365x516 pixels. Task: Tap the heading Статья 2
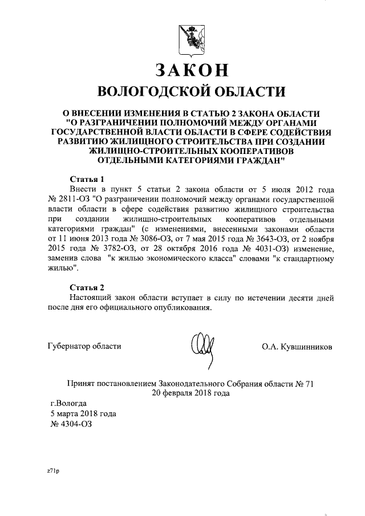[x=86, y=286]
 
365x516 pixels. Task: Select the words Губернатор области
[x=85, y=346]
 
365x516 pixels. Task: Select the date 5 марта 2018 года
[x=84, y=414]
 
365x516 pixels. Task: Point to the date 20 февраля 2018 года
[x=190, y=393]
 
